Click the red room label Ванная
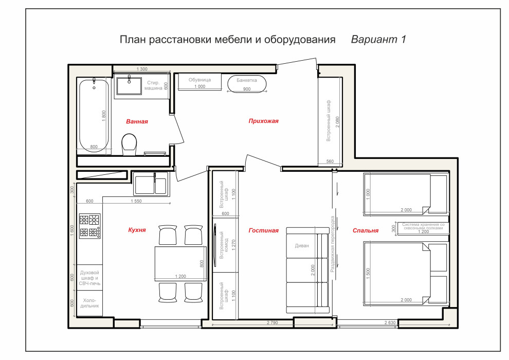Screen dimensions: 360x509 [x=137, y=122]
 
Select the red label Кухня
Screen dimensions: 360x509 [x=137, y=230]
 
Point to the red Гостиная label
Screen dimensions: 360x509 [x=263, y=230]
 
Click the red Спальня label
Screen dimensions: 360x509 [x=366, y=230]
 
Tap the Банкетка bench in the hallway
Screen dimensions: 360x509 [x=247, y=84]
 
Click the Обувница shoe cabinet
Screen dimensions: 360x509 [x=199, y=82]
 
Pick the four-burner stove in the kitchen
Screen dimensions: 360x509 [x=88, y=226]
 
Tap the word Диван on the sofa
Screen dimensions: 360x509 [x=302, y=245]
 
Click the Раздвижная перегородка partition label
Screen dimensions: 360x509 [x=333, y=244]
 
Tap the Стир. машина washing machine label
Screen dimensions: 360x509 [x=153, y=85]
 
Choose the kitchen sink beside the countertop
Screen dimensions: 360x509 [x=150, y=184]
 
